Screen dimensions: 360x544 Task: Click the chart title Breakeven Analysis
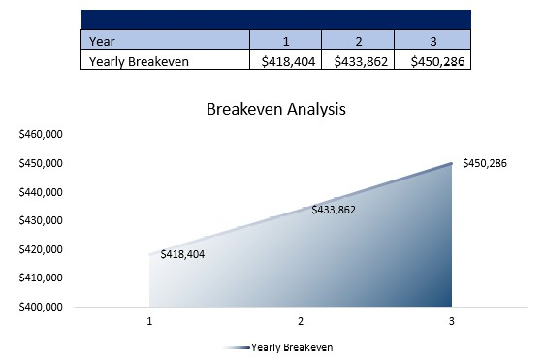pyautogui.click(x=275, y=109)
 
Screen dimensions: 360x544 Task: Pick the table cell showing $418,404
pyautogui.click(x=286, y=61)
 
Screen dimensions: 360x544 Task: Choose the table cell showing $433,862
pyautogui.click(x=358, y=61)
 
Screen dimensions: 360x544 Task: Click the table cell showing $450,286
pyautogui.click(x=432, y=61)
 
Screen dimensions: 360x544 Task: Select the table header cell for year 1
pyautogui.click(x=286, y=41)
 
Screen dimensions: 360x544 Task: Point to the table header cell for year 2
pyautogui.click(x=358, y=41)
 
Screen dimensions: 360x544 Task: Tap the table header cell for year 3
pyautogui.click(x=432, y=41)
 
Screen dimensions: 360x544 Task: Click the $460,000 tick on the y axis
pyautogui.click(x=41, y=134)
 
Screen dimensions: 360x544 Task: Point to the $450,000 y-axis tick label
pyautogui.click(x=41, y=163)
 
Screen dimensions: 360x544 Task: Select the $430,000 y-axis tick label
pyautogui.click(x=41, y=220)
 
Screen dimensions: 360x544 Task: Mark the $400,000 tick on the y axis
pyautogui.click(x=41, y=308)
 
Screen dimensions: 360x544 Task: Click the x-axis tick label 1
pyautogui.click(x=150, y=321)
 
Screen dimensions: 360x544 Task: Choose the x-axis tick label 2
pyautogui.click(x=301, y=321)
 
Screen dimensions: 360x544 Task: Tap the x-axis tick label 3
pyautogui.click(x=451, y=321)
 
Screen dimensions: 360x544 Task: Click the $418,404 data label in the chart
pyautogui.click(x=182, y=254)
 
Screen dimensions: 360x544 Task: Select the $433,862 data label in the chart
pyautogui.click(x=334, y=210)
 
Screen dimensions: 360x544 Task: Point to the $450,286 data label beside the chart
pyautogui.click(x=485, y=163)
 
